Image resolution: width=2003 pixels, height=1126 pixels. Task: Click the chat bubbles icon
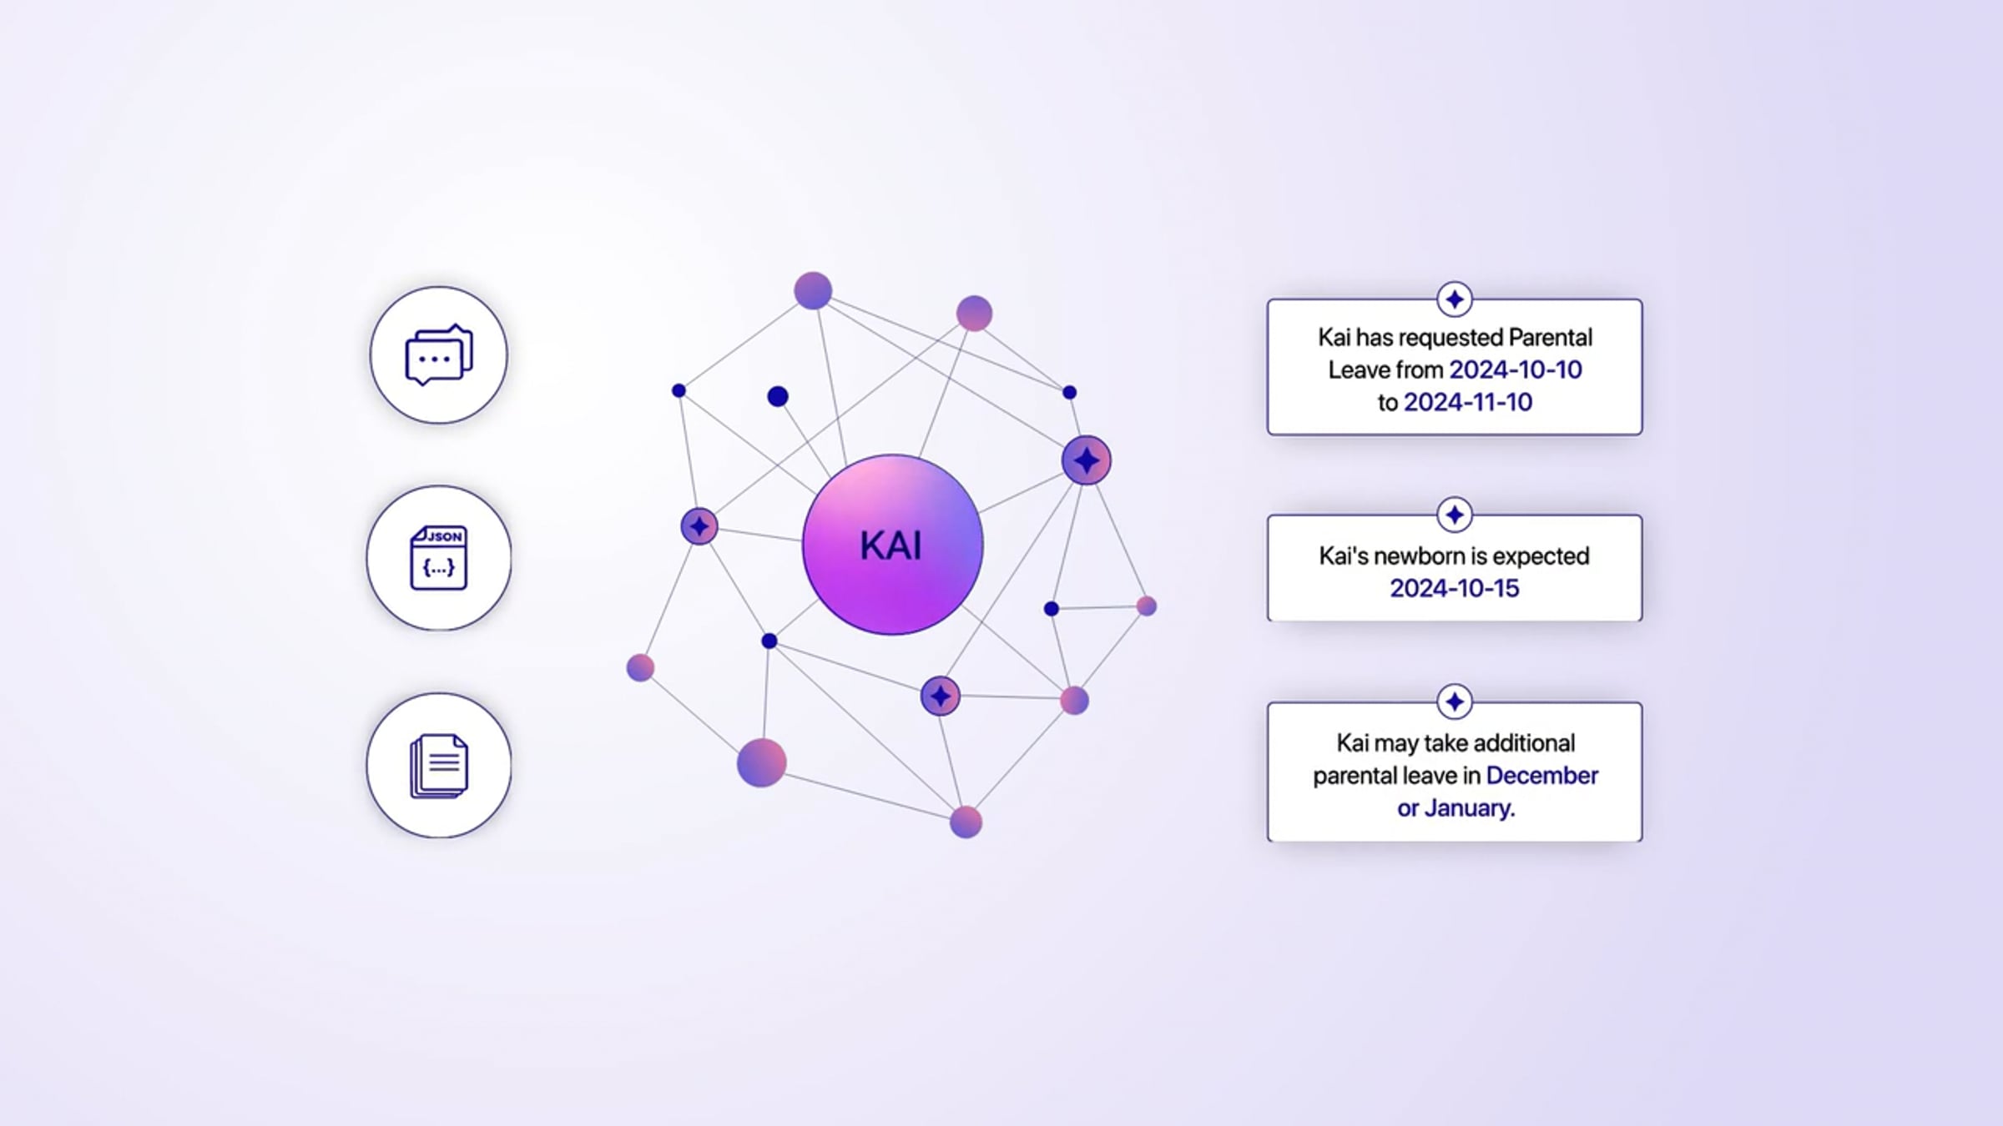(439, 354)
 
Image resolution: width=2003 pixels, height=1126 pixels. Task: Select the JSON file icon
(439, 558)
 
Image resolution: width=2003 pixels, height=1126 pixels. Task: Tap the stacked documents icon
(439, 766)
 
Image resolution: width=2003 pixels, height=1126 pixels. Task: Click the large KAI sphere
(892, 545)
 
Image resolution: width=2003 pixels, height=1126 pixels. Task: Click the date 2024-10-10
(1516, 369)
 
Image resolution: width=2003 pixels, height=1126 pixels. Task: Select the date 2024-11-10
(1468, 402)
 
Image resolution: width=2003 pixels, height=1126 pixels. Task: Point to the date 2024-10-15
(1455, 588)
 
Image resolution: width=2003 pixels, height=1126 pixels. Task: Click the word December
(1542, 775)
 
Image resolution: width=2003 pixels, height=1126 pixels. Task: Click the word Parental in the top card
(1551, 337)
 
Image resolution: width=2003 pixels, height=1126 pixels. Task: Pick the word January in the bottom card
(1467, 807)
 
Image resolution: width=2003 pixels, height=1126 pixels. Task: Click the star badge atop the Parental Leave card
(1455, 299)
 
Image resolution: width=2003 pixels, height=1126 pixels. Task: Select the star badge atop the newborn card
(1455, 515)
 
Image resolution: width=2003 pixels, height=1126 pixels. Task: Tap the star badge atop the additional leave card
(1455, 701)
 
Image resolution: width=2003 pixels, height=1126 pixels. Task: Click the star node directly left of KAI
(699, 526)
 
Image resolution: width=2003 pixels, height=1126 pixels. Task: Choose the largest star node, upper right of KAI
(1087, 460)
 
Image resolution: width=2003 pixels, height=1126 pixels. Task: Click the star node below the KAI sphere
(941, 696)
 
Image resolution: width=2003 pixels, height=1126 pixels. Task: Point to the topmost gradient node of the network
(813, 290)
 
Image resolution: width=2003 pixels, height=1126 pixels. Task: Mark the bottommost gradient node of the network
(966, 822)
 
